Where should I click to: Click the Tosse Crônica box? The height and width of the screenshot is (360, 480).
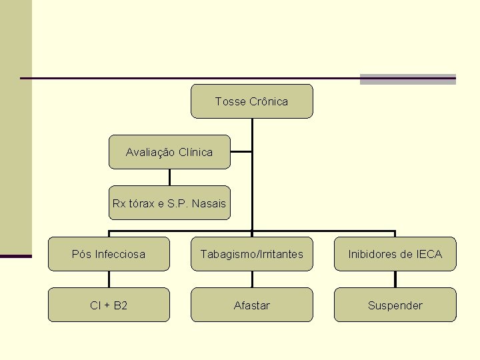251,101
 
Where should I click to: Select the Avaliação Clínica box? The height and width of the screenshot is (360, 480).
169,152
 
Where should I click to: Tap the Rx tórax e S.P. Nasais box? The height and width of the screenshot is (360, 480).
169,203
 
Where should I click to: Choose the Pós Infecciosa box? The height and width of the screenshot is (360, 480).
109,254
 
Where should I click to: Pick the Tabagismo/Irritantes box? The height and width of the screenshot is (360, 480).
251,254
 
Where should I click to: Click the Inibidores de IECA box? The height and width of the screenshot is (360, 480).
395,254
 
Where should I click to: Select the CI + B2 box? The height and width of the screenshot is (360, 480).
109,305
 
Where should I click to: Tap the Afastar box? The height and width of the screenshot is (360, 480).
251,305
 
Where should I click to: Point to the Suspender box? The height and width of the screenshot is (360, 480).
395,305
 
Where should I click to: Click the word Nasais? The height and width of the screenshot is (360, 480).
209,203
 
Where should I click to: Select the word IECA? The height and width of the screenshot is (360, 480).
429,254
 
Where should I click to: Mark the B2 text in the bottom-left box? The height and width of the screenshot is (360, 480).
121,305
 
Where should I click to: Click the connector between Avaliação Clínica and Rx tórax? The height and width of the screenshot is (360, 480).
169,177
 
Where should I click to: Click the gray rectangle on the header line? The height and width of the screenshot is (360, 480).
407,79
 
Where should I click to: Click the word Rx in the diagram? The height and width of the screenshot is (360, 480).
119,203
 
